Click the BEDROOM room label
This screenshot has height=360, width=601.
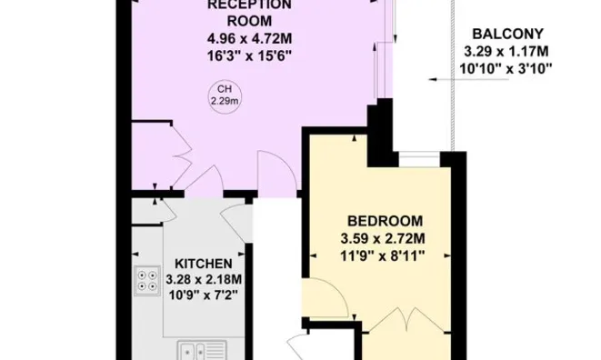point(386,220)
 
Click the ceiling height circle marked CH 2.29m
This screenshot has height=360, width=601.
point(223,94)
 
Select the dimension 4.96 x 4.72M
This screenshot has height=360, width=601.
point(249,39)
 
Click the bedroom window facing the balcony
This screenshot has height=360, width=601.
point(420,159)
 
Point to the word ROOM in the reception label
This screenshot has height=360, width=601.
point(250,21)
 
